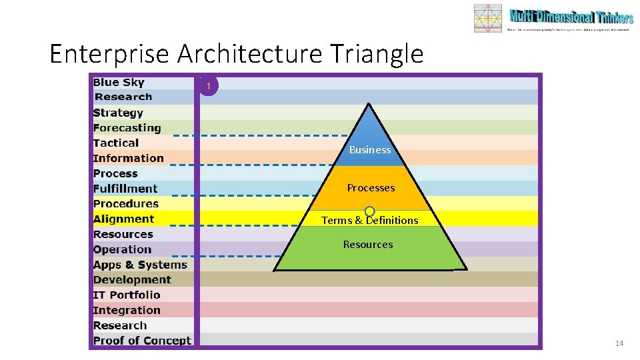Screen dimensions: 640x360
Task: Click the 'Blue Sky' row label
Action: click(119, 82)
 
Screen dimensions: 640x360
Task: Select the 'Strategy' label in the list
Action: click(118, 113)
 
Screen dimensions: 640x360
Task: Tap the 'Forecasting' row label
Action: click(127, 128)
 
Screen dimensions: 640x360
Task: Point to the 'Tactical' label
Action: click(116, 143)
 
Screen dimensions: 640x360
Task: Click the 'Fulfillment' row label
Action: click(125, 189)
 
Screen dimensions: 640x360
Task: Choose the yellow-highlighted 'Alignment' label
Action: click(123, 219)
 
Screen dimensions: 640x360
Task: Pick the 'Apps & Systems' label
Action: click(140, 265)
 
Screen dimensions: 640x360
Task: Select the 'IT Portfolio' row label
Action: click(127, 295)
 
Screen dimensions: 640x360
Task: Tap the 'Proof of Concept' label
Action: click(142, 341)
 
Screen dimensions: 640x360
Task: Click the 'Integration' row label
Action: click(127, 310)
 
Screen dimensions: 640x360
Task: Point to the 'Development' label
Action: click(132, 280)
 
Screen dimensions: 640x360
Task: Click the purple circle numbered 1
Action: click(209, 86)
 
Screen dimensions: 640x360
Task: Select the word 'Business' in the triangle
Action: click(370, 150)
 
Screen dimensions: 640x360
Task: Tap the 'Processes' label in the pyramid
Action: click(371, 188)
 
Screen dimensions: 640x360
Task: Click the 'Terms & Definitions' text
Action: click(370, 221)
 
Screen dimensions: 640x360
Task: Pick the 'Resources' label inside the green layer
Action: click(368, 245)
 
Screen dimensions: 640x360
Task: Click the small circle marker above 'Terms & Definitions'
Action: click(369, 211)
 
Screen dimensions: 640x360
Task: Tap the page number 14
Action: click(619, 343)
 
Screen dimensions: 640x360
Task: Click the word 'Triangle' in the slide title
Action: click(380, 53)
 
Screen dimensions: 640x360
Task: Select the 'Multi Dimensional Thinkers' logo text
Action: click(571, 17)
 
